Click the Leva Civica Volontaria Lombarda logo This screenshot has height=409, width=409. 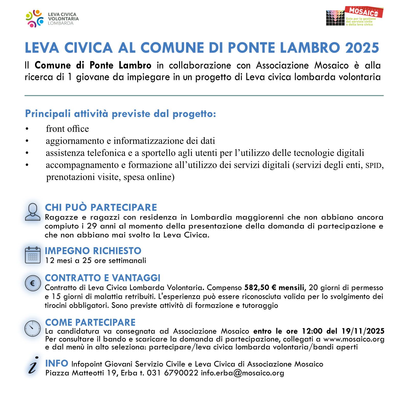52,19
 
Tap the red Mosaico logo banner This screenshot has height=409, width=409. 364,12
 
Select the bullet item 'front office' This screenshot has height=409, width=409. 67,129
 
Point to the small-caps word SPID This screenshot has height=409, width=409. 373,166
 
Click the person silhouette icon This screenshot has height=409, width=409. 33,212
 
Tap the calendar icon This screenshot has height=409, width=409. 33,255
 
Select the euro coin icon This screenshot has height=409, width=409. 33,283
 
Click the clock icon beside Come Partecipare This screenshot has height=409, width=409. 32,328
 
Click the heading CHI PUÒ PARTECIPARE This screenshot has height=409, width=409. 101,207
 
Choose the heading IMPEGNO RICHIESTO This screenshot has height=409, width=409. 93,251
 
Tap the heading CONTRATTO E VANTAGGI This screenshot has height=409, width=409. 103,278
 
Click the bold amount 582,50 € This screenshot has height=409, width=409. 260,288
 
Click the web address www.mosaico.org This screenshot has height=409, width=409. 354,339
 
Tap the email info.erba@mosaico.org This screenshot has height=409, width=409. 242,373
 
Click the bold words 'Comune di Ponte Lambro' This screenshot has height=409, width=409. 93,65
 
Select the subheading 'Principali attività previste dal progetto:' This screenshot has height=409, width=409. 120,114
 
